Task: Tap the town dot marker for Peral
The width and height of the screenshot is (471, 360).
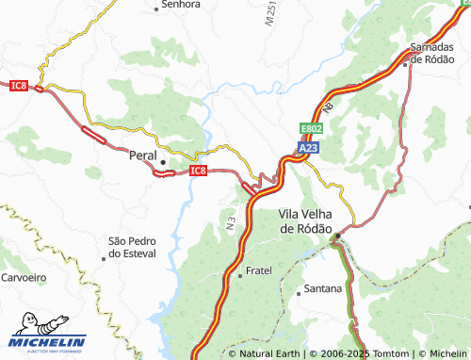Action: (163, 162)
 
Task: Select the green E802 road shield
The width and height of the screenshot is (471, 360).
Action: (312, 127)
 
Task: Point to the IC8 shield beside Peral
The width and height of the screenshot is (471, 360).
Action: (197, 171)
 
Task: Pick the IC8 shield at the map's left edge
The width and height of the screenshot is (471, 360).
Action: (19, 86)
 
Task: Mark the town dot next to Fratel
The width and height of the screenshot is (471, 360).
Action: (239, 275)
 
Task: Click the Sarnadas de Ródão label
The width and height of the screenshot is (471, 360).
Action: (440, 53)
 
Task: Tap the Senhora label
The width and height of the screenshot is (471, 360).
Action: (181, 5)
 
